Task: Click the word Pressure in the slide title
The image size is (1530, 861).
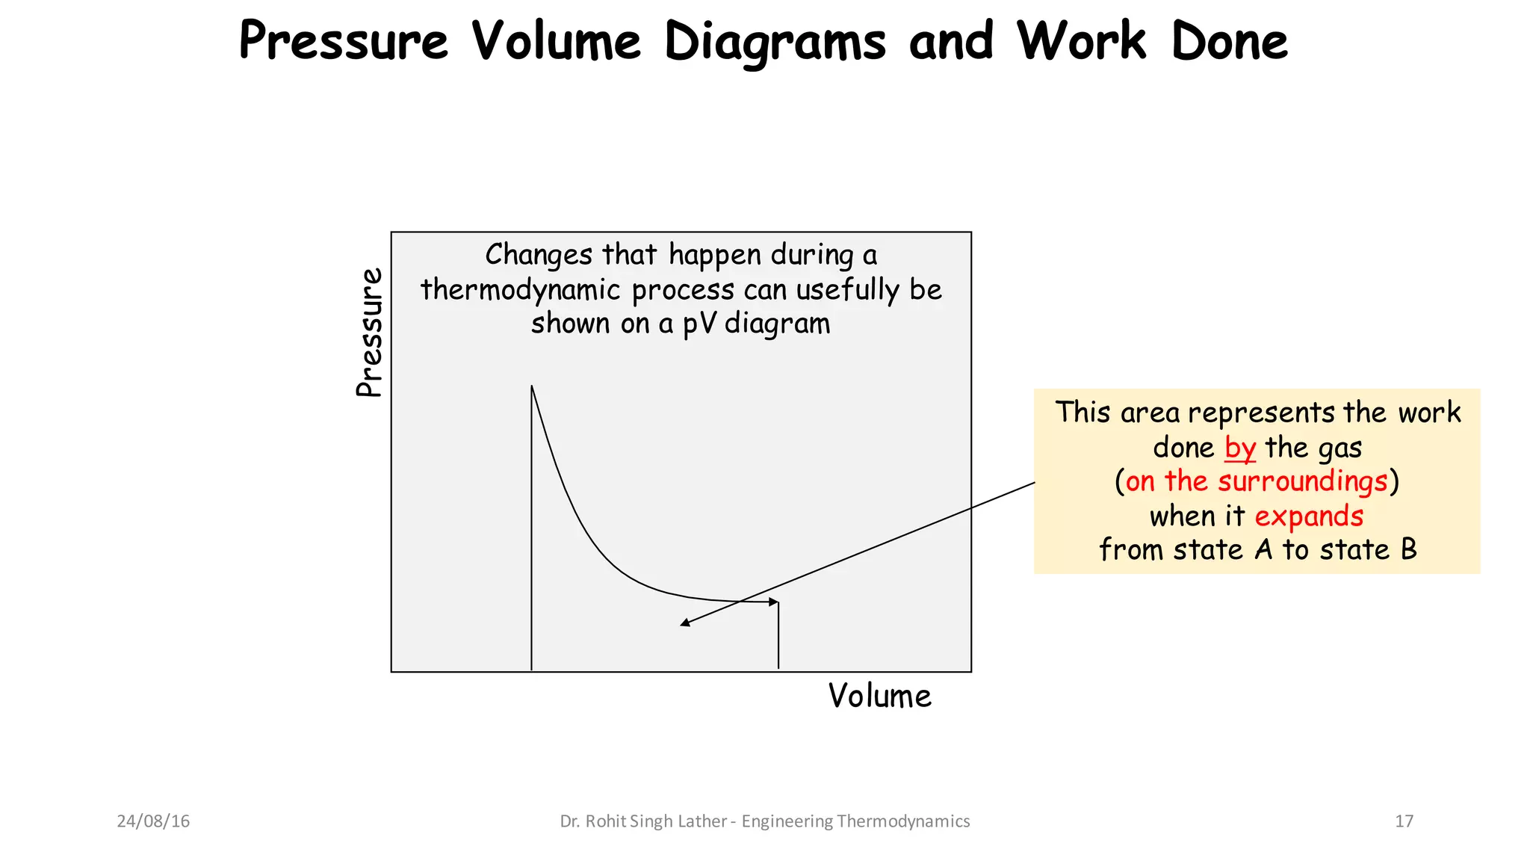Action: point(343,41)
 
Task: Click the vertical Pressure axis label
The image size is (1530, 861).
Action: point(369,333)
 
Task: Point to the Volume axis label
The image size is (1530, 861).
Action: point(879,697)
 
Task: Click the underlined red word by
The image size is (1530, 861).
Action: point(1240,448)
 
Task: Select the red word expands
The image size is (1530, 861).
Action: point(1309,516)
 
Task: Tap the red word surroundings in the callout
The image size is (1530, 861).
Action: point(1303,481)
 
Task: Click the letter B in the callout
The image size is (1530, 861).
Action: point(1408,550)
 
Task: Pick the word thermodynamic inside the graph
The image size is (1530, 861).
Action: point(521,290)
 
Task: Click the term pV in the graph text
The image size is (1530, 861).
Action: point(699,324)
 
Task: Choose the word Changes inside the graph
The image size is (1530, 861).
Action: point(539,255)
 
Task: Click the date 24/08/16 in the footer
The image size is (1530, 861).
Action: point(153,821)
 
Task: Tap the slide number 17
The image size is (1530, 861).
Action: point(1404,821)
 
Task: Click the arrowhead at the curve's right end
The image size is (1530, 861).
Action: point(774,602)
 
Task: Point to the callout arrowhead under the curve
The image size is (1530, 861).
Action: point(684,623)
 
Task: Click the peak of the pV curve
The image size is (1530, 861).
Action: point(532,386)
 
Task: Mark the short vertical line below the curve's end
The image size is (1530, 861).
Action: point(778,635)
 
